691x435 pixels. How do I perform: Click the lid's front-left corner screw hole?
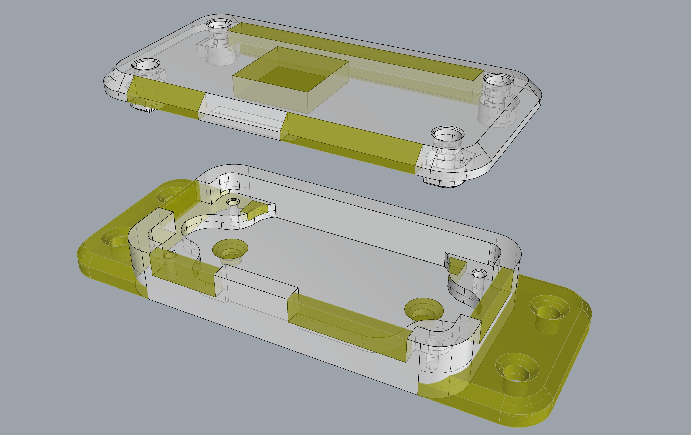[146, 65]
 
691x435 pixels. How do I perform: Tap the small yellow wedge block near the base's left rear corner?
[254, 210]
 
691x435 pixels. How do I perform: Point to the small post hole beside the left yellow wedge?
[233, 202]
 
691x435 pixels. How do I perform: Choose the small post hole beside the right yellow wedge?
[479, 274]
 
